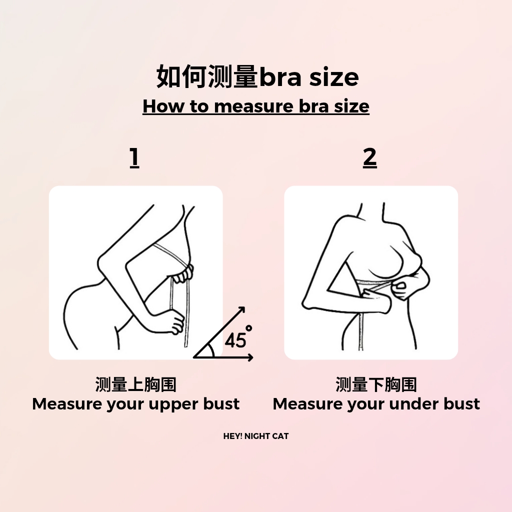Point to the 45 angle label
pyautogui.click(x=235, y=340)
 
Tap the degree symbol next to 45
pyautogui.click(x=249, y=328)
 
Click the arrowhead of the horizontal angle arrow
pyautogui.click(x=250, y=357)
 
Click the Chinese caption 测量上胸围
pyautogui.click(x=136, y=384)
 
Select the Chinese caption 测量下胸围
pyautogui.click(x=376, y=384)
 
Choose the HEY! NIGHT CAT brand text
pyautogui.click(x=256, y=436)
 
